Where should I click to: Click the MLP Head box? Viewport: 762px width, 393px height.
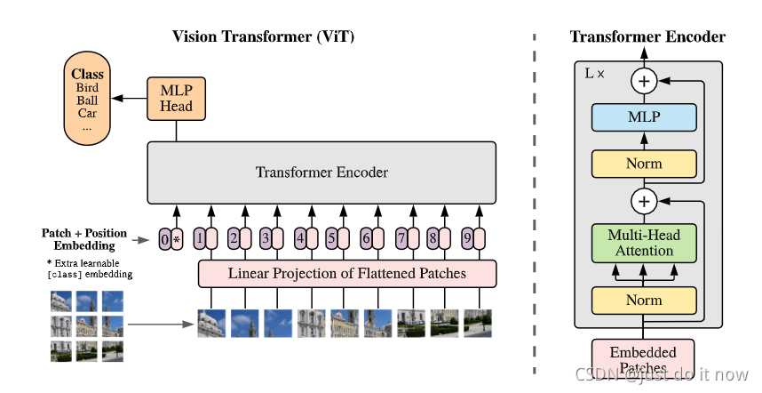click(x=176, y=98)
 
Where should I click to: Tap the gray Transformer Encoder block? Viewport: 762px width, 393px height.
click(x=321, y=172)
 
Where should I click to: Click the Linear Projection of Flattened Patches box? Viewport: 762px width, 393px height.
click(x=346, y=274)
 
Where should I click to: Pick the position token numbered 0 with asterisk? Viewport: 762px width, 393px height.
click(x=171, y=238)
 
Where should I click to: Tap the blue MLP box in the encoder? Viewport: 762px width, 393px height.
click(x=644, y=117)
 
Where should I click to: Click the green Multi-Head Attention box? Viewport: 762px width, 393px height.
click(x=644, y=242)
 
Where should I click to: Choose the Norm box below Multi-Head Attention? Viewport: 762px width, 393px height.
click(x=644, y=301)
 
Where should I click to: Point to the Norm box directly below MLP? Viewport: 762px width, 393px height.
click(x=644, y=164)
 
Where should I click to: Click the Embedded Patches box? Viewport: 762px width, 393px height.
click(x=644, y=357)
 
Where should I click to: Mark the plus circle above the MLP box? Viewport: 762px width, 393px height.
click(x=644, y=81)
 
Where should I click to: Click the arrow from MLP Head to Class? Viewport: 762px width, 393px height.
click(x=133, y=97)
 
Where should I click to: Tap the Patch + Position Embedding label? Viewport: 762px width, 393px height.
click(x=83, y=239)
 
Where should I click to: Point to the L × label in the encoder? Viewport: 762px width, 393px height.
click(x=594, y=73)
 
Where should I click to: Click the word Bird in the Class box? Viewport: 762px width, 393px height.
click(x=88, y=88)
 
